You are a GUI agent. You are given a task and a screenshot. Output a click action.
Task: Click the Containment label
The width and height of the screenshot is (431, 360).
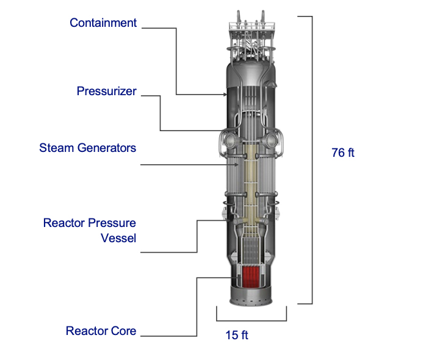click(103, 23)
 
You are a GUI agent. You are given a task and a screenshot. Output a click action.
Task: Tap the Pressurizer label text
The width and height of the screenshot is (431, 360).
click(107, 92)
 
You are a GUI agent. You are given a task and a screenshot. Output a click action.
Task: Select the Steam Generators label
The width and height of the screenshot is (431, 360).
click(88, 148)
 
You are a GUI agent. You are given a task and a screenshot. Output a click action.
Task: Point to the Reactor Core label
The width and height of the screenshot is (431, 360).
click(101, 331)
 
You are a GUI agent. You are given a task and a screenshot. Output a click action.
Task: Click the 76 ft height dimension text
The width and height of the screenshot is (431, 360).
click(342, 153)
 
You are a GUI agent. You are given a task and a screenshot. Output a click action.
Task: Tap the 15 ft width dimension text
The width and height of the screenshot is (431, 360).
click(237, 335)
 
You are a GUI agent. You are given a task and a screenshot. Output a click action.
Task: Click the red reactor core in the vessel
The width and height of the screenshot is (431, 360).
click(250, 278)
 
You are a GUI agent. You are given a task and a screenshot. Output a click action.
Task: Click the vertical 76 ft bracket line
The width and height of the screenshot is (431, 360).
click(313, 159)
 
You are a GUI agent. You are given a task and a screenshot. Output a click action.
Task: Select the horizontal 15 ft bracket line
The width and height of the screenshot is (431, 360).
click(252, 320)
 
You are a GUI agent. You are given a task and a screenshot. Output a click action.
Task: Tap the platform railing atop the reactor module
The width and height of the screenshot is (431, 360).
click(250, 27)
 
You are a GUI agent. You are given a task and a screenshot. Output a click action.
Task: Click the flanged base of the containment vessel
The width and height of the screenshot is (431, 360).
click(252, 300)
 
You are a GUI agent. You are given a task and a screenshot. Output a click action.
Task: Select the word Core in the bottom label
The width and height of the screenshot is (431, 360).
click(124, 331)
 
